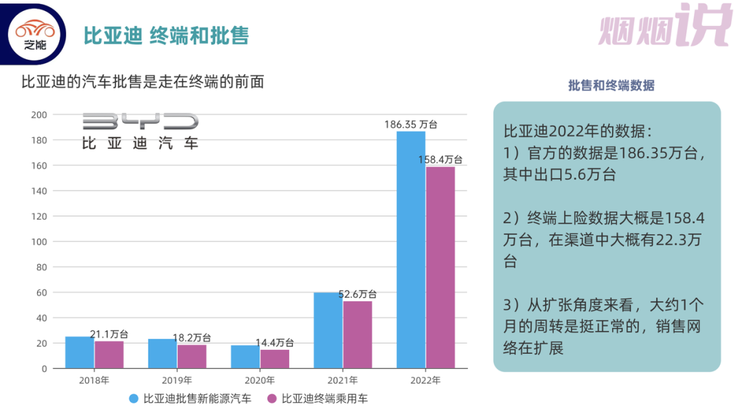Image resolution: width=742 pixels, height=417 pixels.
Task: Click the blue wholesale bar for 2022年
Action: point(411,250)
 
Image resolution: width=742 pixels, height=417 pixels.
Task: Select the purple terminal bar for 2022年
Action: point(440,267)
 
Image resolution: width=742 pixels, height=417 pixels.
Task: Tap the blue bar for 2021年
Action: point(328,331)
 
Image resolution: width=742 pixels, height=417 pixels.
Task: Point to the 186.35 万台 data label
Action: point(411,125)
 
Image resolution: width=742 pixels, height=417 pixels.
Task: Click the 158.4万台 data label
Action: point(440,159)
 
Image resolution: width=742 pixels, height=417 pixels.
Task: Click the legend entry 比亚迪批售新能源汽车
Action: point(190,398)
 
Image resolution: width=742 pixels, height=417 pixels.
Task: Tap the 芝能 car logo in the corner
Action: point(38,34)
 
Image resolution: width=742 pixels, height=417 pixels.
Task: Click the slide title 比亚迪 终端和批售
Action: point(166,36)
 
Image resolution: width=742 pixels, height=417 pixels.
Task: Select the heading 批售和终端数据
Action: point(611,86)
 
